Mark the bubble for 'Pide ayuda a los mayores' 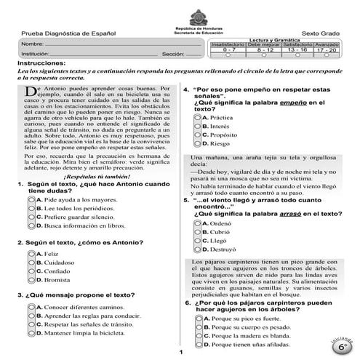[x=30, y=199]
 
